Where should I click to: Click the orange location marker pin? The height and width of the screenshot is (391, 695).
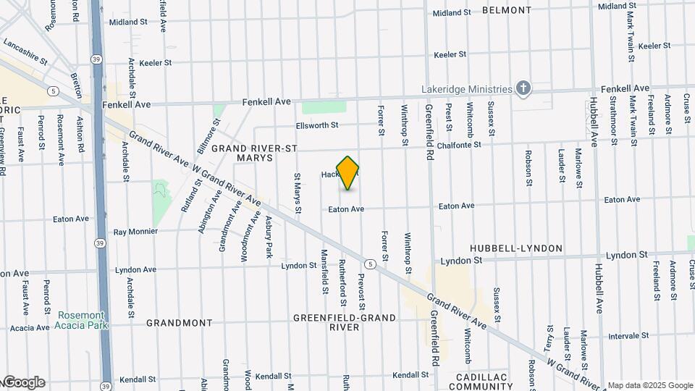[348, 173]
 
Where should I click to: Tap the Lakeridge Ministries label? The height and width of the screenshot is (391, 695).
[467, 89]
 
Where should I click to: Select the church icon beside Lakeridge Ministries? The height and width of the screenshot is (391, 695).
[523, 89]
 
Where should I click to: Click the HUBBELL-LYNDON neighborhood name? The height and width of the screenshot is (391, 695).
[515, 248]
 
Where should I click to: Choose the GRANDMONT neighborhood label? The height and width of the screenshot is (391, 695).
[180, 323]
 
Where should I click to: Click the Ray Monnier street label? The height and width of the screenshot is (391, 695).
[140, 232]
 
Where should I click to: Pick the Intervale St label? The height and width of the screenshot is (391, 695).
[628, 336]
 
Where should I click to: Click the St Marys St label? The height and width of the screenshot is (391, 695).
[298, 193]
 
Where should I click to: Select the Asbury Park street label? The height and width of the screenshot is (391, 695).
[268, 236]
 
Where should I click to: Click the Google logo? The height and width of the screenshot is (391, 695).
[24, 382]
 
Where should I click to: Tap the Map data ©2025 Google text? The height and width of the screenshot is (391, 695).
[650, 385]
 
